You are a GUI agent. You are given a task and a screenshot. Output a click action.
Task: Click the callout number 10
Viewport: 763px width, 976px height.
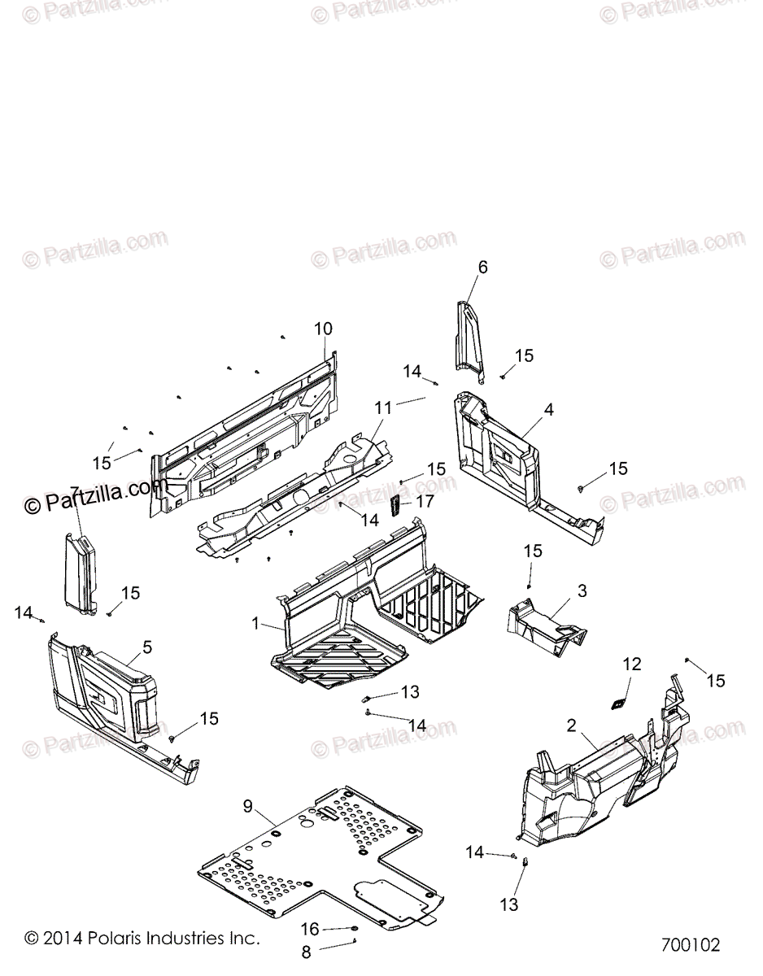pyautogui.click(x=323, y=329)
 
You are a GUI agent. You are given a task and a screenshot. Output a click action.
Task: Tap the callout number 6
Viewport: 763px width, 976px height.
pyautogui.click(x=482, y=267)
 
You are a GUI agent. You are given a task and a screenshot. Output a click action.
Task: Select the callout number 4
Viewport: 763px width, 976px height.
pyautogui.click(x=549, y=410)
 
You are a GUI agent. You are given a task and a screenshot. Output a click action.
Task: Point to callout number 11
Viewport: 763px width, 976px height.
pyautogui.click(x=383, y=407)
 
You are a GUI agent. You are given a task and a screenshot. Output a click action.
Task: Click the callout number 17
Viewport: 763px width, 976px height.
pyautogui.click(x=425, y=502)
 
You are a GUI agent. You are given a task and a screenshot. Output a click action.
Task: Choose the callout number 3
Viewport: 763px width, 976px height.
pyautogui.click(x=582, y=590)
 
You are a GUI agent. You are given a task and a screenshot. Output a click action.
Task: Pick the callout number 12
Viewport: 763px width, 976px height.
pyautogui.click(x=632, y=664)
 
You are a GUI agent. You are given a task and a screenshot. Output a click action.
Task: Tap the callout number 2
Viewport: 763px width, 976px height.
pyautogui.click(x=572, y=725)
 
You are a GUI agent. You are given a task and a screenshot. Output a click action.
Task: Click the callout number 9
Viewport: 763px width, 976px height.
pyautogui.click(x=247, y=806)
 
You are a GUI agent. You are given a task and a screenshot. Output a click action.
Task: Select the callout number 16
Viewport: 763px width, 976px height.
pyautogui.click(x=310, y=929)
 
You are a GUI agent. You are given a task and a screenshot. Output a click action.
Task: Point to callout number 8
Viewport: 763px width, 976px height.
pyautogui.click(x=307, y=952)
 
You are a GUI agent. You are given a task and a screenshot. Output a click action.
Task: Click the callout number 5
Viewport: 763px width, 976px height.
pyautogui.click(x=146, y=647)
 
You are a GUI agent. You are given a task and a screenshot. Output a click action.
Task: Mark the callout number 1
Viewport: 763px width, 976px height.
pyautogui.click(x=255, y=624)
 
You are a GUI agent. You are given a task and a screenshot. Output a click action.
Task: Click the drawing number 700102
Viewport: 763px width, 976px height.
pyautogui.click(x=691, y=946)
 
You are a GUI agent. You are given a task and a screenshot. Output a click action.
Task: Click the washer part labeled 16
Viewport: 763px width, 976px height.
pyautogui.click(x=355, y=929)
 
